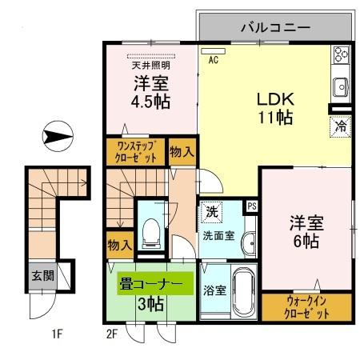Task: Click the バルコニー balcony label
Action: [275, 27]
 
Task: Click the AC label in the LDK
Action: [214, 59]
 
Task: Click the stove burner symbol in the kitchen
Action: [341, 55]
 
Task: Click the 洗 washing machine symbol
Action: [212, 213]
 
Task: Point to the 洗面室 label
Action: [217, 236]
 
